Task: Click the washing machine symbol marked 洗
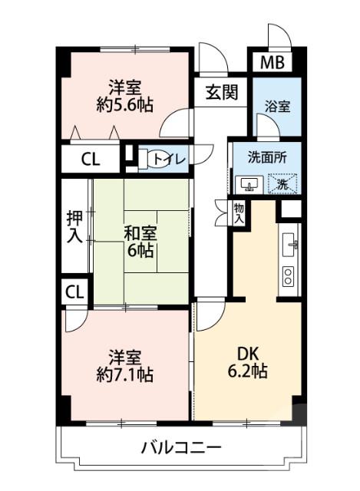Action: click(x=282, y=184)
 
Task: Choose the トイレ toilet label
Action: click(x=167, y=159)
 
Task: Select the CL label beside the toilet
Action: click(x=91, y=160)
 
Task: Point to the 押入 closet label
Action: click(x=74, y=227)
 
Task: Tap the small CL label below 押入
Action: click(x=74, y=292)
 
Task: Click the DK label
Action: click(x=246, y=354)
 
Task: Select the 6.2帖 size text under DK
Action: click(x=246, y=373)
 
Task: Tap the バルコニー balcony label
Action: click(x=181, y=447)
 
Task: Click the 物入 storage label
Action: click(x=239, y=213)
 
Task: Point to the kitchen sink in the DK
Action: click(x=290, y=244)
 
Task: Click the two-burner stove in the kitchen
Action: click(x=289, y=275)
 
